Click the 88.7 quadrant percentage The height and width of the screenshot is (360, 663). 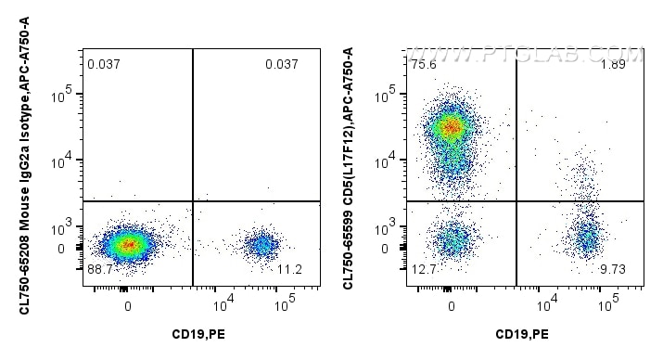tap(99, 269)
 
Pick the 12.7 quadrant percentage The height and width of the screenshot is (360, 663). tap(423, 269)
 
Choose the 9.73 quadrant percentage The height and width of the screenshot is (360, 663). tap(613, 269)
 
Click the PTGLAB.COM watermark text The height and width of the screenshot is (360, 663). tap(547, 57)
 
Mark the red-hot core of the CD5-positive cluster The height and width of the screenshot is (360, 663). tap(451, 126)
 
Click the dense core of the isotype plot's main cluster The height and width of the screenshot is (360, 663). tap(128, 245)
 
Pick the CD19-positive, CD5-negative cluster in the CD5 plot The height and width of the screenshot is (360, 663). tap(586, 239)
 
